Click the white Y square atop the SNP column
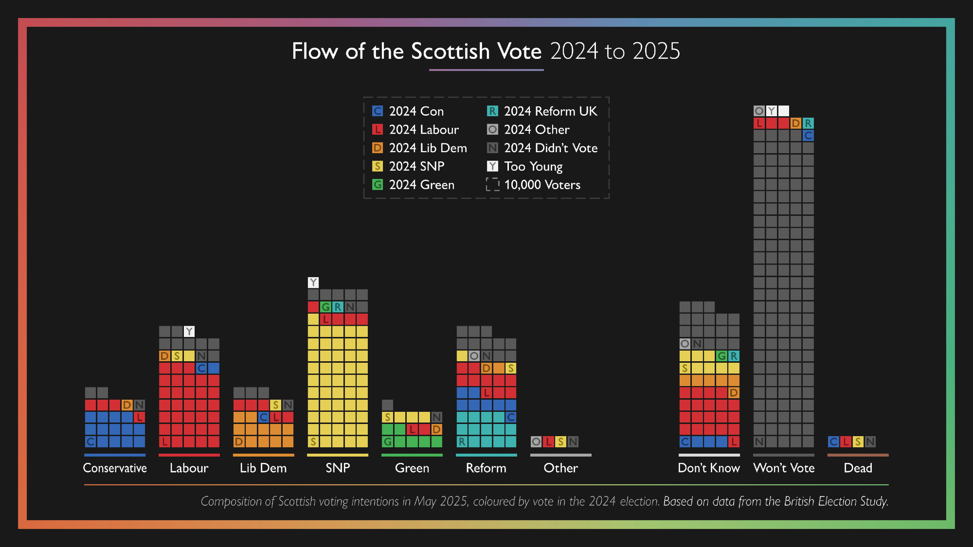click(x=313, y=282)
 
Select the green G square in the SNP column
click(x=325, y=307)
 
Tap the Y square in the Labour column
click(x=189, y=332)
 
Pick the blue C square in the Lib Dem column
click(x=264, y=417)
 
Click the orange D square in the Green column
click(x=436, y=429)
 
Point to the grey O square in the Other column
click(x=536, y=441)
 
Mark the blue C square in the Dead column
click(x=833, y=441)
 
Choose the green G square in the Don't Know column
click(x=722, y=356)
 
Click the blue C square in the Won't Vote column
click(x=808, y=136)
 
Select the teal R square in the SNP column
click(x=338, y=307)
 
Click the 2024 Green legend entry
click(x=414, y=185)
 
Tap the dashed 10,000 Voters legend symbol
click(x=492, y=185)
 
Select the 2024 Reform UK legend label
click(x=550, y=111)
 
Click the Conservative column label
click(x=115, y=468)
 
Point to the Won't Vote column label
click(x=784, y=468)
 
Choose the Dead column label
click(x=858, y=468)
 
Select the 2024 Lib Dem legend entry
click(x=419, y=148)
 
